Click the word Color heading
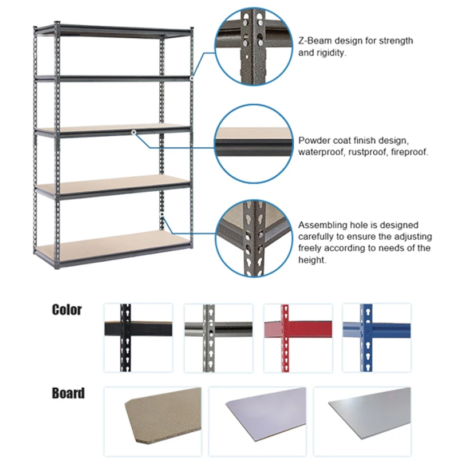coord(67,310)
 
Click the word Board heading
coord(68,393)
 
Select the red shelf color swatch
coord(298,337)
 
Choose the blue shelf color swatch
coord(377,337)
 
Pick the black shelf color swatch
coord(137,337)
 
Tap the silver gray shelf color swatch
coord(218,337)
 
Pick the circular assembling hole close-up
coord(250,238)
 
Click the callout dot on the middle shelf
coord(133,132)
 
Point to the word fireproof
coord(406,152)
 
